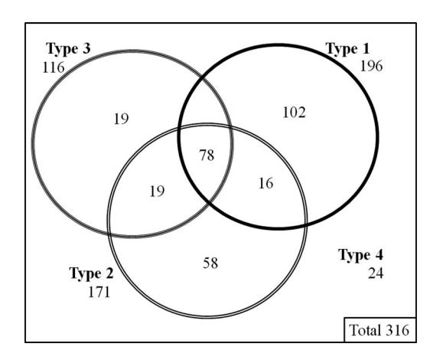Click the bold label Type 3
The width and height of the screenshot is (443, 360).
click(x=68, y=49)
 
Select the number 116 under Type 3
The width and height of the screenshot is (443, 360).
click(x=54, y=68)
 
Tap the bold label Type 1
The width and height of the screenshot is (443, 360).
click(x=347, y=49)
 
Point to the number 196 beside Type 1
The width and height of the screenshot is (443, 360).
click(x=372, y=67)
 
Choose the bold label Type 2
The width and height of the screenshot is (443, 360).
click(x=91, y=273)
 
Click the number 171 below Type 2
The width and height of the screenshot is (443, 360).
click(x=99, y=293)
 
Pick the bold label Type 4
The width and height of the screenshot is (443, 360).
click(x=361, y=255)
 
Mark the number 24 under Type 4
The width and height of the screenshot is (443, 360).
click(x=376, y=273)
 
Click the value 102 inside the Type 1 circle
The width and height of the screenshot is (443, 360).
click(x=294, y=113)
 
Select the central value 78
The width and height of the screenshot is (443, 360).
click(x=207, y=155)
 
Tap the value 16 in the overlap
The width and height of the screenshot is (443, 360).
click(x=265, y=184)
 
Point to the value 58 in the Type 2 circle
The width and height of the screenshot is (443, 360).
click(x=210, y=263)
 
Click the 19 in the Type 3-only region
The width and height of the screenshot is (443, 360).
click(x=121, y=119)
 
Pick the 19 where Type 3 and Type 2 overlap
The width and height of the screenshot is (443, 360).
click(x=157, y=191)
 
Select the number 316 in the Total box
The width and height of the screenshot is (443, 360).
click(x=398, y=330)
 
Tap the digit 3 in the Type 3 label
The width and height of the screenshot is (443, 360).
click(x=86, y=49)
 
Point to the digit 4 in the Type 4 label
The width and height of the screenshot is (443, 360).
click(x=379, y=255)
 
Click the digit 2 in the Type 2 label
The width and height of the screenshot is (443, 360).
click(x=109, y=273)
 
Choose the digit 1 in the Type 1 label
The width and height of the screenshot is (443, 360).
click(x=366, y=49)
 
